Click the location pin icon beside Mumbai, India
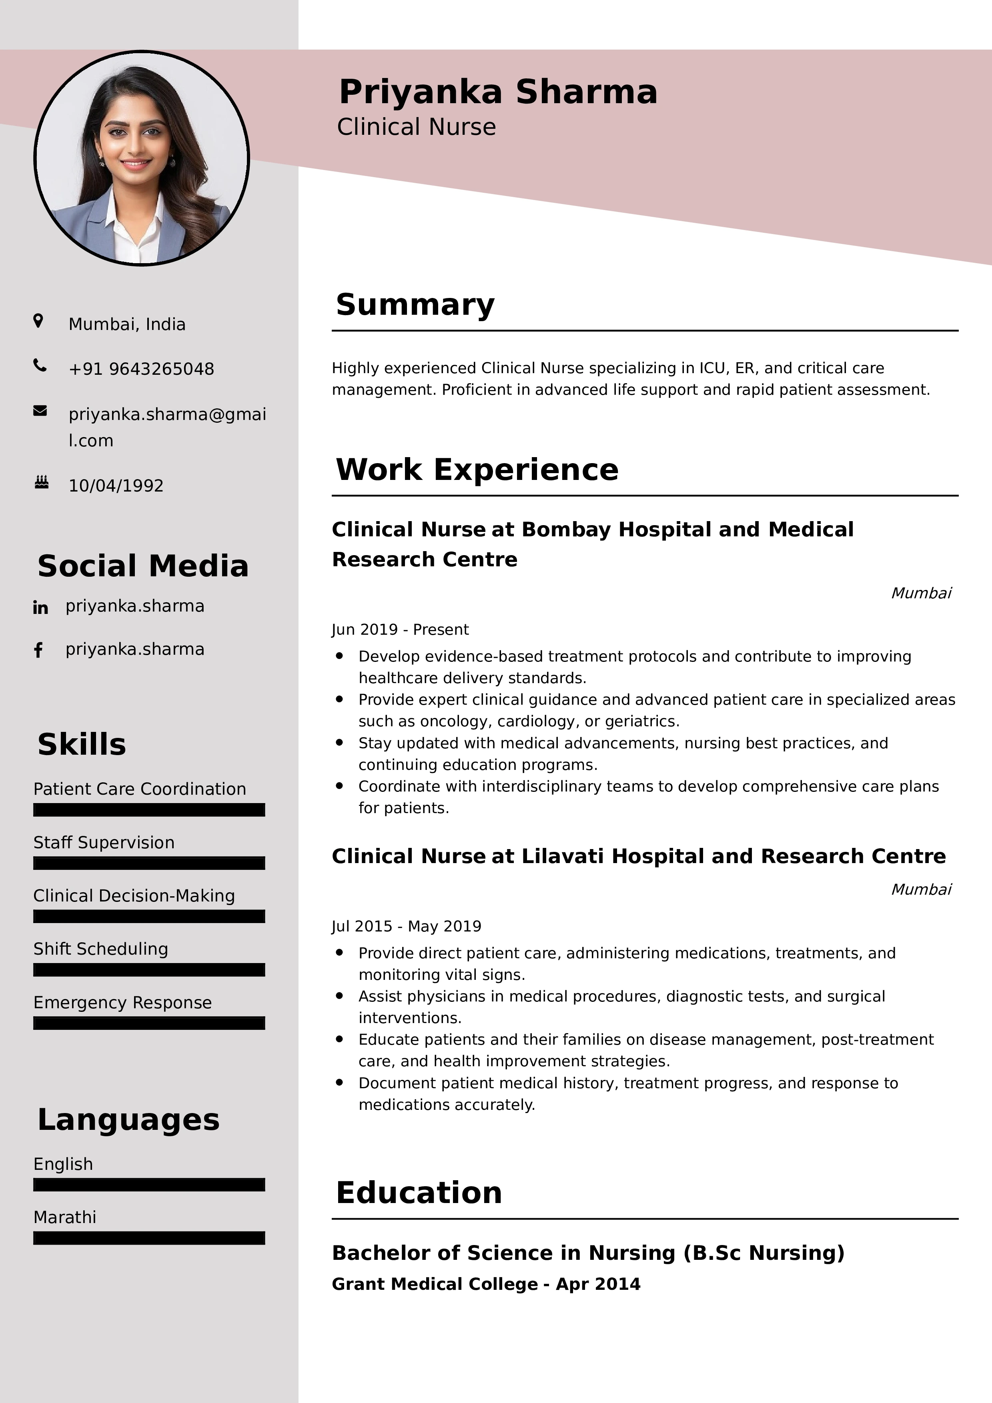click(38, 321)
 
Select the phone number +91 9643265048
click(141, 369)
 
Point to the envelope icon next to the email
click(40, 411)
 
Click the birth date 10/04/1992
click(116, 486)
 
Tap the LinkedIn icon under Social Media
click(40, 608)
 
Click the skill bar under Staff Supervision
click(149, 863)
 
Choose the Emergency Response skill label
click(122, 1003)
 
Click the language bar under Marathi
click(149, 1238)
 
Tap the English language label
click(63, 1164)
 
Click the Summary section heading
click(415, 304)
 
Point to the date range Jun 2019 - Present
click(400, 630)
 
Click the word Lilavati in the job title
click(562, 857)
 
